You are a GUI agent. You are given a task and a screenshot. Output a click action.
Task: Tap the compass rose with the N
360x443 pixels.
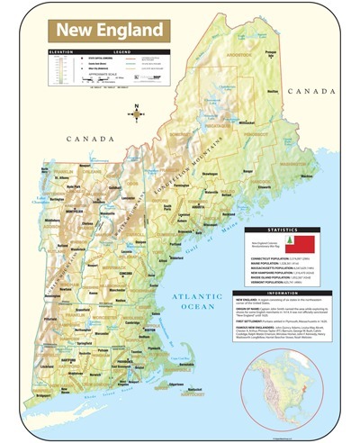click(136, 114)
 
